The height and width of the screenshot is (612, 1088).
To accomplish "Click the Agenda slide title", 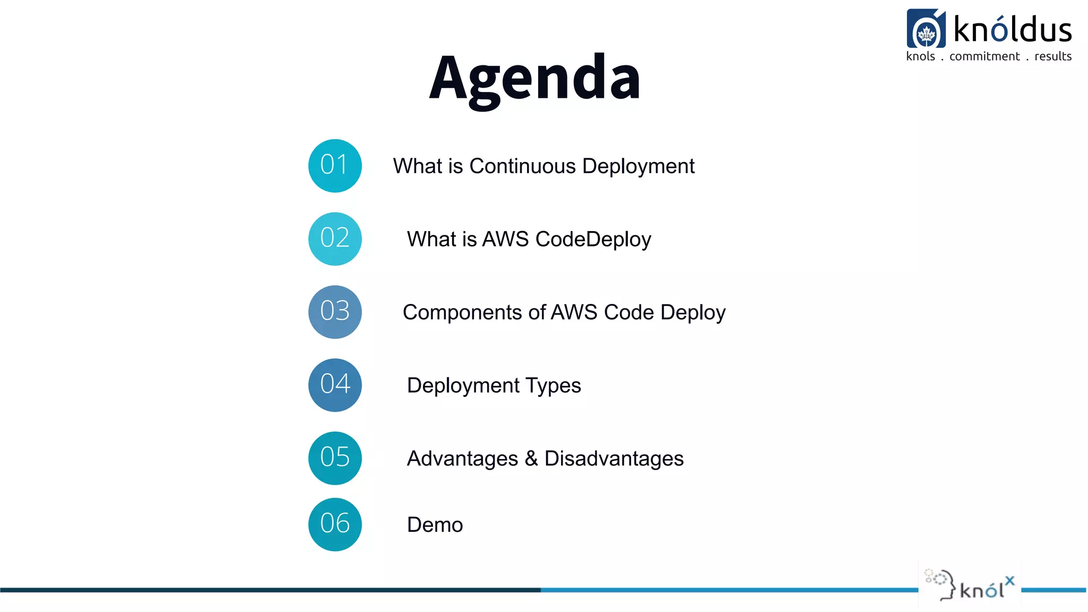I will coord(535,79).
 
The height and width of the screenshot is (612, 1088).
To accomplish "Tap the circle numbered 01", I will coord(335,166).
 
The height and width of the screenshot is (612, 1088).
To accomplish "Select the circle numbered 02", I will coord(335,239).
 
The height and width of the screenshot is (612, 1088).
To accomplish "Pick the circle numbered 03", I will coord(335,312).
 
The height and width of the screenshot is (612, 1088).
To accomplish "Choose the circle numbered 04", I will coord(335,385).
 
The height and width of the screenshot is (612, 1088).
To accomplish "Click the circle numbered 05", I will coord(335,458).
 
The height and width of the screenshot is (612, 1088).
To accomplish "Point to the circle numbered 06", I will coord(335,524).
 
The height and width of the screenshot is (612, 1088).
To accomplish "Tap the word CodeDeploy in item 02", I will coord(593,240).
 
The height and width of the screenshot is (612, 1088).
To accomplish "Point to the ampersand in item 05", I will coord(531,459).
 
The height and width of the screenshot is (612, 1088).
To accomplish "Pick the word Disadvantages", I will coord(614,459).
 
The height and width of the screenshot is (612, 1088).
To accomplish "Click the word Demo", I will coord(435,525).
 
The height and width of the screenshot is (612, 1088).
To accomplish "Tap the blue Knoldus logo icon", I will coord(926,29).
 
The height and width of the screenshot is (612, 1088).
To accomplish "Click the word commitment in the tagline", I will coord(984,57).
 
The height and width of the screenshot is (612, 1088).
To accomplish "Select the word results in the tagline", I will coord(1053,57).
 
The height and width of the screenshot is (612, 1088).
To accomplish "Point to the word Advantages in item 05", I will coord(462,459).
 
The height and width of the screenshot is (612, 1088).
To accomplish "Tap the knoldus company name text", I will coord(1013,29).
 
